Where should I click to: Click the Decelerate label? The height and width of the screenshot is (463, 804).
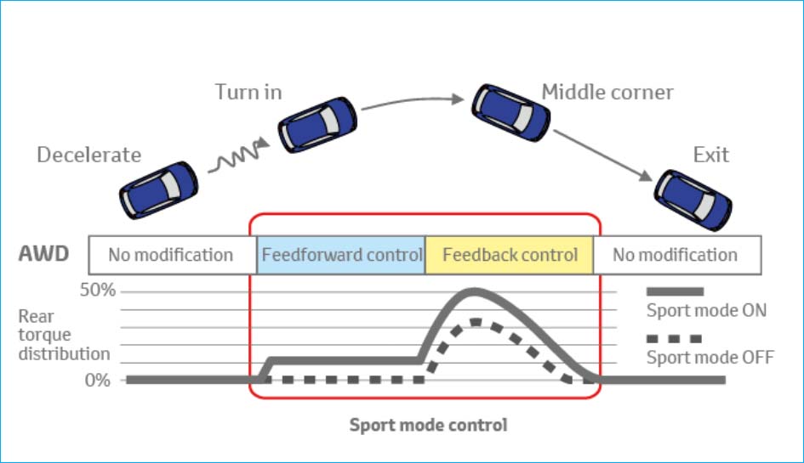(88, 155)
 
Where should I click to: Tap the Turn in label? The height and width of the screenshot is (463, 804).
(248, 92)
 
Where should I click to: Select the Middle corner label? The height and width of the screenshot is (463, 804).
(607, 92)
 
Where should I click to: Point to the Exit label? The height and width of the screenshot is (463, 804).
(710, 155)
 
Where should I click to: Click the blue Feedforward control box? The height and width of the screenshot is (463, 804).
(341, 255)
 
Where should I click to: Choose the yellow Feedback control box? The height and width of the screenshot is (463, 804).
(510, 255)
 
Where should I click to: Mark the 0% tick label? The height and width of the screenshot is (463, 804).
(97, 380)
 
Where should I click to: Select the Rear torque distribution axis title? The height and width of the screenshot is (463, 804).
(64, 336)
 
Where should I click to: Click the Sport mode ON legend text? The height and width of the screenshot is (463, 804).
(706, 310)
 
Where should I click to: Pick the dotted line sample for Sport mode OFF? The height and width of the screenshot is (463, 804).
(674, 337)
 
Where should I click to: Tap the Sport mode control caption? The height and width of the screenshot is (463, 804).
(428, 425)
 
